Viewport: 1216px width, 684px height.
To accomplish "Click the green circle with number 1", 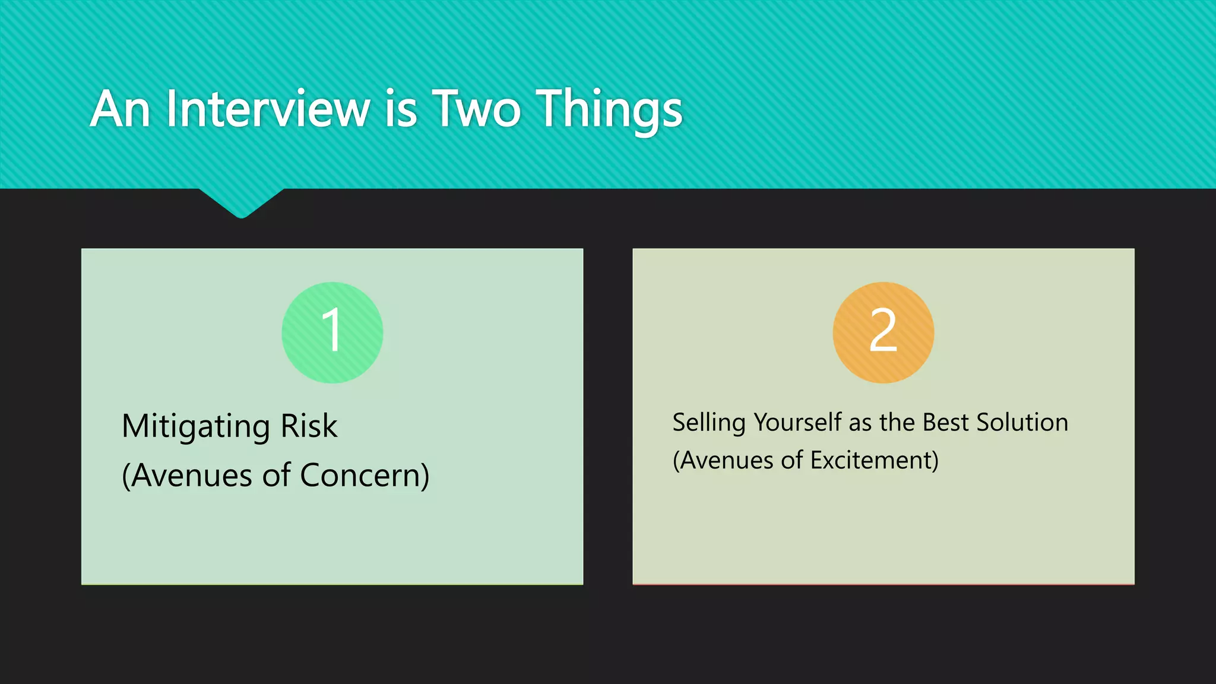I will click(x=332, y=332).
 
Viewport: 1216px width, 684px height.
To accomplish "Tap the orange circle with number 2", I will click(x=883, y=332).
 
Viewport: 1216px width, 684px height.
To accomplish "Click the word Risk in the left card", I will click(x=309, y=426).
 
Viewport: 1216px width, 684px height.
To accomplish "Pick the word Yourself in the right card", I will click(x=797, y=423).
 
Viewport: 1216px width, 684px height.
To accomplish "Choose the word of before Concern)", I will click(x=276, y=476).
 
